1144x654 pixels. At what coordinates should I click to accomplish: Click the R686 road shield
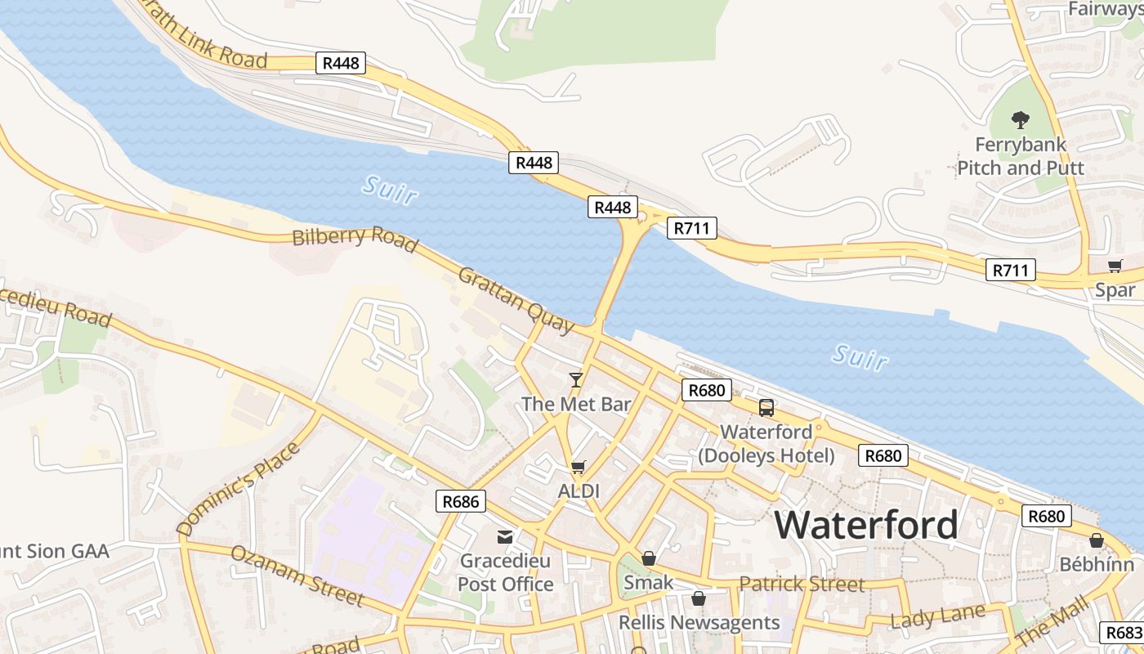462,501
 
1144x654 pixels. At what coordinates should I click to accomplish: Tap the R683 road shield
1124,633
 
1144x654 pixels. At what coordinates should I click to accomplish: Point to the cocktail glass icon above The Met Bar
576,379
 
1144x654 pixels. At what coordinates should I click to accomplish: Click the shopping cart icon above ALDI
579,467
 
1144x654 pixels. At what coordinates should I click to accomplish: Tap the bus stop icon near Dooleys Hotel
766,407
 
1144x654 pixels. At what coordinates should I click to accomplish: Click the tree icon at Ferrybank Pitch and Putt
1020,120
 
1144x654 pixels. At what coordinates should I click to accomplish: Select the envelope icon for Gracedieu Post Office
505,536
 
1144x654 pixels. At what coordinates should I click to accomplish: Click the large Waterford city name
866,524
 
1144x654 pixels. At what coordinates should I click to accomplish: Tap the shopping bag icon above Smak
648,558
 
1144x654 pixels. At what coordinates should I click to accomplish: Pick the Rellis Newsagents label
699,623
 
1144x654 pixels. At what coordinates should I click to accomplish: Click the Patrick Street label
802,584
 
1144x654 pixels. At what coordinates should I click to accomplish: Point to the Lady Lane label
937,616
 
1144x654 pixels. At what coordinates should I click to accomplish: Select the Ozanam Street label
297,575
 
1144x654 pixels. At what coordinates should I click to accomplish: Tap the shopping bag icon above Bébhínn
1097,540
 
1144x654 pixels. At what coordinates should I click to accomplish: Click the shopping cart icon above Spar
1115,266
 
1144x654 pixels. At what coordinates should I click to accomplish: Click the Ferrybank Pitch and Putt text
1021,156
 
